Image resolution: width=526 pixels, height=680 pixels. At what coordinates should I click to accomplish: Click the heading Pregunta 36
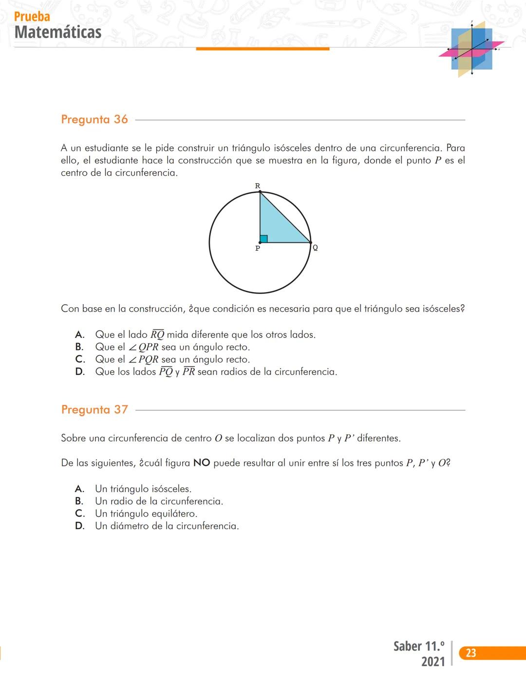[x=94, y=119]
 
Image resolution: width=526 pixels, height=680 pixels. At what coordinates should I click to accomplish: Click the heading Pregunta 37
[x=94, y=409]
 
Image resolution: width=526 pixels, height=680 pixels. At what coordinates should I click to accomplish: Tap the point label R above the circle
[x=258, y=186]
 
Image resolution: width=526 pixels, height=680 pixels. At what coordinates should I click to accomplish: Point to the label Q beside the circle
[x=315, y=247]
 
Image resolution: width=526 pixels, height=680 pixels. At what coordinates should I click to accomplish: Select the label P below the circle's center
[x=258, y=248]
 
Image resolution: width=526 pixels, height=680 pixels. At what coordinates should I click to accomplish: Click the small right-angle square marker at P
[x=263, y=239]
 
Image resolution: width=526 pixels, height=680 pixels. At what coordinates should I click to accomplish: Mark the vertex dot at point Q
[x=310, y=242]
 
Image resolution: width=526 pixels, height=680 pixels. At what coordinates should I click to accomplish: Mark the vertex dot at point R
[x=260, y=192]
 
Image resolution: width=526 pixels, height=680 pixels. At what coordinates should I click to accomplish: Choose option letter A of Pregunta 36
[x=80, y=334]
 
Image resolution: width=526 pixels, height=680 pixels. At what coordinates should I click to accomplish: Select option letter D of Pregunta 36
[x=80, y=372]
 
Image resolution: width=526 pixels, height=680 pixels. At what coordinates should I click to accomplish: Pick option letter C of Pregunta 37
[x=80, y=514]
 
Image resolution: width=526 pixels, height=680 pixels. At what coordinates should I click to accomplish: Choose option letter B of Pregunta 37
[x=79, y=501]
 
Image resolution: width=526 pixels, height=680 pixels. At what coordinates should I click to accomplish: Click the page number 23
[x=470, y=653]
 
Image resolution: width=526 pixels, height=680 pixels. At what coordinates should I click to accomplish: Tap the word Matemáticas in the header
[x=58, y=32]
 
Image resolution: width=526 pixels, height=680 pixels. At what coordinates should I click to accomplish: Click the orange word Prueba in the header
[x=32, y=17]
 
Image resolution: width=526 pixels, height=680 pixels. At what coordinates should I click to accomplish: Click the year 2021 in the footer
[x=433, y=662]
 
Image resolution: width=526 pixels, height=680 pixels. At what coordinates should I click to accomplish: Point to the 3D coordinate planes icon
[x=471, y=49]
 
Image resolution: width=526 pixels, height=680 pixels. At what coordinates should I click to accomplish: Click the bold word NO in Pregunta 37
[x=202, y=463]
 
